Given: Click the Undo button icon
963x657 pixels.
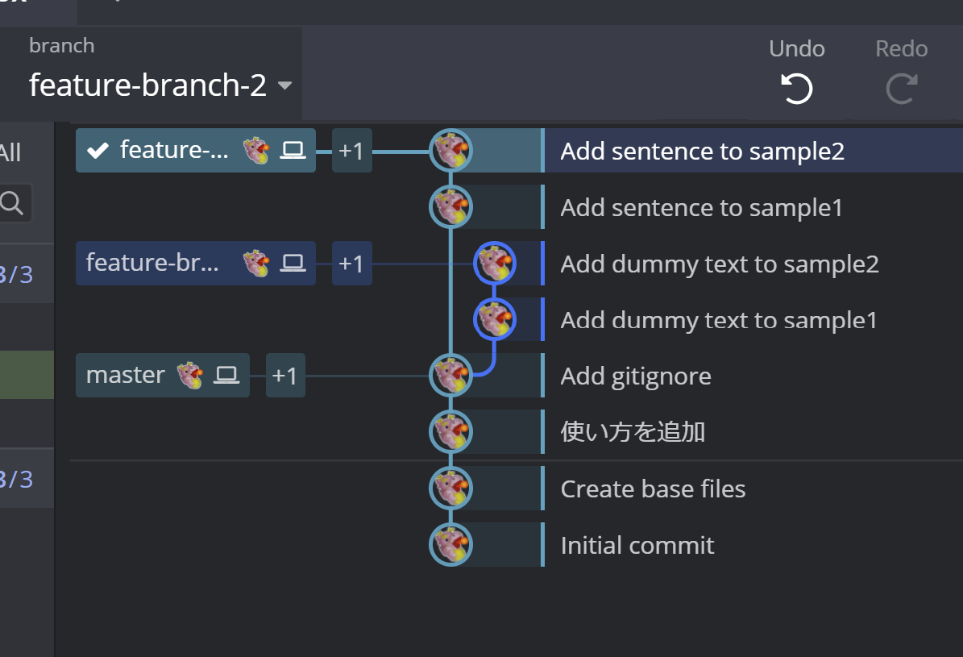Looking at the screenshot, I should [796, 88].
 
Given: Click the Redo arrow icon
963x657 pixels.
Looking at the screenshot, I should [901, 88].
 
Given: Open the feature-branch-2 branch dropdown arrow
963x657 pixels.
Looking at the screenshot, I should [284, 85].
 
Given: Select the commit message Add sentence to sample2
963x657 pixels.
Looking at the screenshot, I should [702, 151].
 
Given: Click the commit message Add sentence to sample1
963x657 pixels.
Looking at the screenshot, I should [701, 207].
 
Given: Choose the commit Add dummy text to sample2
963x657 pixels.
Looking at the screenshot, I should [719, 264].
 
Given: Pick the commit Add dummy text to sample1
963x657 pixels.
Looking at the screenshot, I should [718, 320].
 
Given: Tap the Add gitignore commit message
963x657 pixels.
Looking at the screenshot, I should [635, 376].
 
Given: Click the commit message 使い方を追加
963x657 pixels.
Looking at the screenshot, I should [633, 432].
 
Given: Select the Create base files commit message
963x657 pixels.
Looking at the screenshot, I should [653, 489].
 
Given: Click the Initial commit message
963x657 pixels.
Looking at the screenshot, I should [637, 545].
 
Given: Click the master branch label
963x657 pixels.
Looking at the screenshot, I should [126, 375].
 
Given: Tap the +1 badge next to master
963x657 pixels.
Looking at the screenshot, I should [285, 376].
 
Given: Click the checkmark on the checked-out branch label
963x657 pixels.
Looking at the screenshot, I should [98, 150].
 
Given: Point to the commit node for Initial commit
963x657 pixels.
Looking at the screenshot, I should [450, 545].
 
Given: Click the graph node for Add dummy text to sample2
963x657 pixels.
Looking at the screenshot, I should [495, 263].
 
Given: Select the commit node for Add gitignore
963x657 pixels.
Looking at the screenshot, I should [450, 376].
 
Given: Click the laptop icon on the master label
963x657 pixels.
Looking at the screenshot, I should [226, 375].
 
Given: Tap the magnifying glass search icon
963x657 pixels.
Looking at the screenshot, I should [12, 203].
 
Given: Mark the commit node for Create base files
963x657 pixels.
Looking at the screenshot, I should [450, 489].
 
